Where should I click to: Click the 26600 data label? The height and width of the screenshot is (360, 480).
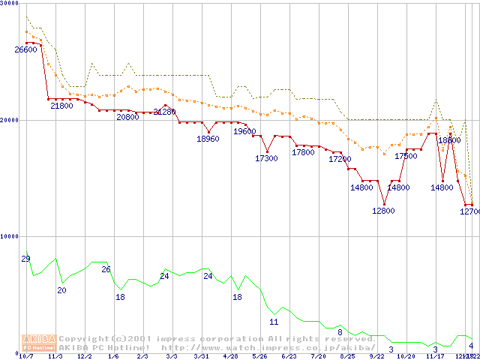tap(25, 49)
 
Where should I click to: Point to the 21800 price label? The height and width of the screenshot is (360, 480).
tap(62, 106)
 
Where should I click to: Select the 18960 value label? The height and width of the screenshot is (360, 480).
tap(208, 139)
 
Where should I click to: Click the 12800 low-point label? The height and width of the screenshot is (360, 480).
tap(383, 211)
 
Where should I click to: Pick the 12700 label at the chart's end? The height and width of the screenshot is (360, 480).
tap(469, 211)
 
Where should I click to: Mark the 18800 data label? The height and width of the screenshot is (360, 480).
tap(449, 140)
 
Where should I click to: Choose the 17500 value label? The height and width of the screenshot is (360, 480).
tap(406, 156)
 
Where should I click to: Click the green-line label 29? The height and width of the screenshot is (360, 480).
tap(25, 259)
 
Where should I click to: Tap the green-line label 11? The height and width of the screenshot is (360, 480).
tap(274, 322)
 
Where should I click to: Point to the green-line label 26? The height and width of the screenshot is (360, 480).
tap(106, 269)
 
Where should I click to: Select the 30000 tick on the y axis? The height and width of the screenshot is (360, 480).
tap(10, 4)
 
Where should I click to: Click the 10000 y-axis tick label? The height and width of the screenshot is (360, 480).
tap(10, 236)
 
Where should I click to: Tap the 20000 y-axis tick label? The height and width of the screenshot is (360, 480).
tap(10, 120)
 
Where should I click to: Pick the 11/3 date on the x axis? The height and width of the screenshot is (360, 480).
tap(55, 356)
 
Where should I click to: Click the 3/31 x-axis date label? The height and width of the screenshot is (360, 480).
tap(200, 356)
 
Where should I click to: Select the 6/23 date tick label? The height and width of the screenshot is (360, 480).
tap(289, 356)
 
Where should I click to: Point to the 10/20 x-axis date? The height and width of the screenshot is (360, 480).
tap(406, 356)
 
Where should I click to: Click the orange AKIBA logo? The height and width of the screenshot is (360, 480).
tap(39, 342)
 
